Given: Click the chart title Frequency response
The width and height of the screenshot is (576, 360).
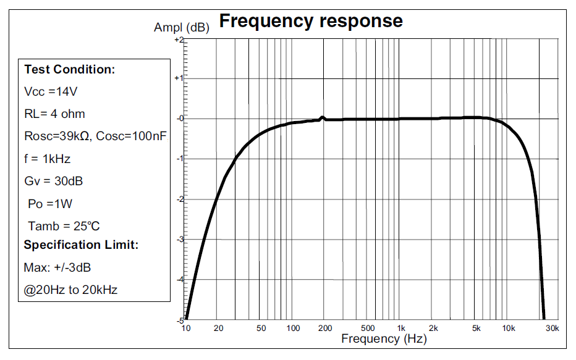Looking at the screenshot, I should [311, 21].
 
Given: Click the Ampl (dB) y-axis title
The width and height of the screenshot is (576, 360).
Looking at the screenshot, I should [181, 28].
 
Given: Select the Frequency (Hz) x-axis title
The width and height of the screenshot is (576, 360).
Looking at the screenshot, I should [384, 338].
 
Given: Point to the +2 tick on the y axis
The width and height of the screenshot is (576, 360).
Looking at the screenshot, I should [179, 39].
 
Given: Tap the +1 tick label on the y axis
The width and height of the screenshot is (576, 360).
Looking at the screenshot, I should [179, 78].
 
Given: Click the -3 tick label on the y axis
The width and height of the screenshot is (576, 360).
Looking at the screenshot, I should [180, 239].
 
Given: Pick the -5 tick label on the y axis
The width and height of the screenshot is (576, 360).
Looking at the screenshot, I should [180, 320].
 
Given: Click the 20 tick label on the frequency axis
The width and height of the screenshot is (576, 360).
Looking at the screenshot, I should [218, 328].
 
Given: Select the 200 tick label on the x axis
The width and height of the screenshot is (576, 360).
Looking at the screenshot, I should [325, 328].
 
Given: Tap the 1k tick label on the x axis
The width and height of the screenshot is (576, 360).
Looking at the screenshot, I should [400, 328].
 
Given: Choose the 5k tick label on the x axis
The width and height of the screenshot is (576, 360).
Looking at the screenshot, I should [476, 328].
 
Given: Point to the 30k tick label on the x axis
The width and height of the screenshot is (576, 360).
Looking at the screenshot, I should [553, 328].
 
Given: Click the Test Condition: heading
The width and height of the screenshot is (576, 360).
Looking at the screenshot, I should [69, 69].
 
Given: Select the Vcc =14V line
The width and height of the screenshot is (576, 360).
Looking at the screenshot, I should [51, 91].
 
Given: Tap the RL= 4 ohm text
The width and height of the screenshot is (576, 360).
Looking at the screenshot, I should [54, 114].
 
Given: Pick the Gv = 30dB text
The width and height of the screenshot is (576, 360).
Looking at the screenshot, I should [54, 181].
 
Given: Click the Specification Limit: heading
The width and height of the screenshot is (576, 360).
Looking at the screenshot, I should [81, 245].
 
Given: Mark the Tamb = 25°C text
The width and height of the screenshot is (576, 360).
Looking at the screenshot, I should [64, 226].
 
